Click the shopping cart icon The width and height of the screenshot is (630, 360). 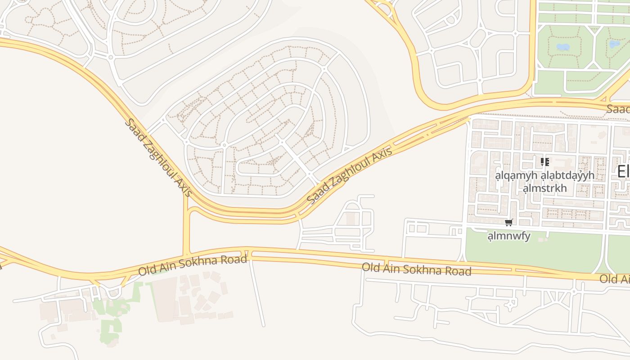pyautogui.click(x=509, y=222)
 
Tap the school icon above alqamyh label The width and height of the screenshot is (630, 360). pyautogui.click(x=544, y=162)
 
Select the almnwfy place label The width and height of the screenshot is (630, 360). pyautogui.click(x=509, y=236)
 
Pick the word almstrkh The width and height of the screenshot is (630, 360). pyautogui.click(x=544, y=188)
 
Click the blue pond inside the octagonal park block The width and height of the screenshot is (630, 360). pyautogui.click(x=562, y=47)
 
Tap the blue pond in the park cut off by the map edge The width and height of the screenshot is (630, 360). pyautogui.click(x=615, y=44)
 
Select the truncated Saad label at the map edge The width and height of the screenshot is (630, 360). pyautogui.click(x=618, y=109)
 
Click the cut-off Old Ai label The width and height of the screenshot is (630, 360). pyautogui.click(x=615, y=279)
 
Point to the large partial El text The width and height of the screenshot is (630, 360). pyautogui.click(x=623, y=171)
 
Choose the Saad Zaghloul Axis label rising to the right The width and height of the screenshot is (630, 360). pyautogui.click(x=350, y=175)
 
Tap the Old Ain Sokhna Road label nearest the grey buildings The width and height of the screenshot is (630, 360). pyautogui.click(x=193, y=266)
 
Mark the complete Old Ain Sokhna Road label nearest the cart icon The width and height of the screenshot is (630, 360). pyautogui.click(x=417, y=270)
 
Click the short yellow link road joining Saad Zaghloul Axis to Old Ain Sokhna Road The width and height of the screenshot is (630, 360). pyautogui.click(x=186, y=225)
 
